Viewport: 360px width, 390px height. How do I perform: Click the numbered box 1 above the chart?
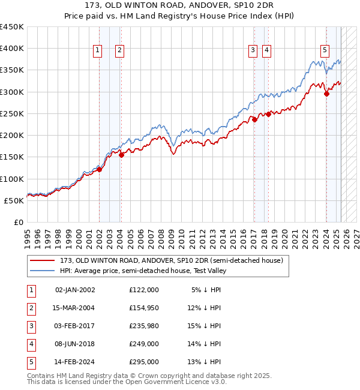97,51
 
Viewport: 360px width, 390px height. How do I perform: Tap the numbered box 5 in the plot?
325,51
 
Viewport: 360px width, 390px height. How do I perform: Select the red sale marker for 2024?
326,94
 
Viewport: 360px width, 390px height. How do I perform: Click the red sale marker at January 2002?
100,169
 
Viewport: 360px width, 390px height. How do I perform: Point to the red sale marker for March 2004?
121,155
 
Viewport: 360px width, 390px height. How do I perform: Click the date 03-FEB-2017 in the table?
74,326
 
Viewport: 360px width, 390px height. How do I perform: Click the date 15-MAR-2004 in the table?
74,308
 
